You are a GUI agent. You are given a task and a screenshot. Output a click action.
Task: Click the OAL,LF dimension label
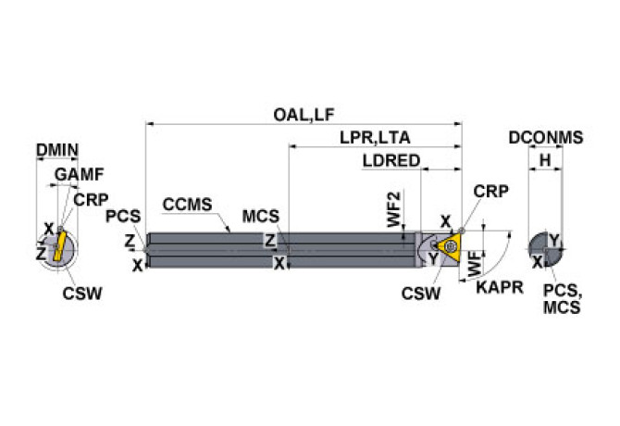(304, 115)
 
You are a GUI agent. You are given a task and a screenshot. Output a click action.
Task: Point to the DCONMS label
(545, 138)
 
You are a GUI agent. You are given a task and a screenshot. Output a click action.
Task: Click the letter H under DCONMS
(546, 161)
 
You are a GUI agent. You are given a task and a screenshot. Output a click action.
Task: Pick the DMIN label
(56, 150)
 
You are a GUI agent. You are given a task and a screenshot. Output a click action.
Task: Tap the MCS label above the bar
(262, 217)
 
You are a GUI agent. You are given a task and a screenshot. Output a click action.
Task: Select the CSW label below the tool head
(420, 294)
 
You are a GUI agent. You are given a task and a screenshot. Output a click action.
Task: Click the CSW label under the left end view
(82, 294)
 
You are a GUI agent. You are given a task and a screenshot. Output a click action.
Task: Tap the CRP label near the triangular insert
(490, 192)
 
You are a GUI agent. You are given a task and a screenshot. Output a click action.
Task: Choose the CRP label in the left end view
(91, 199)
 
